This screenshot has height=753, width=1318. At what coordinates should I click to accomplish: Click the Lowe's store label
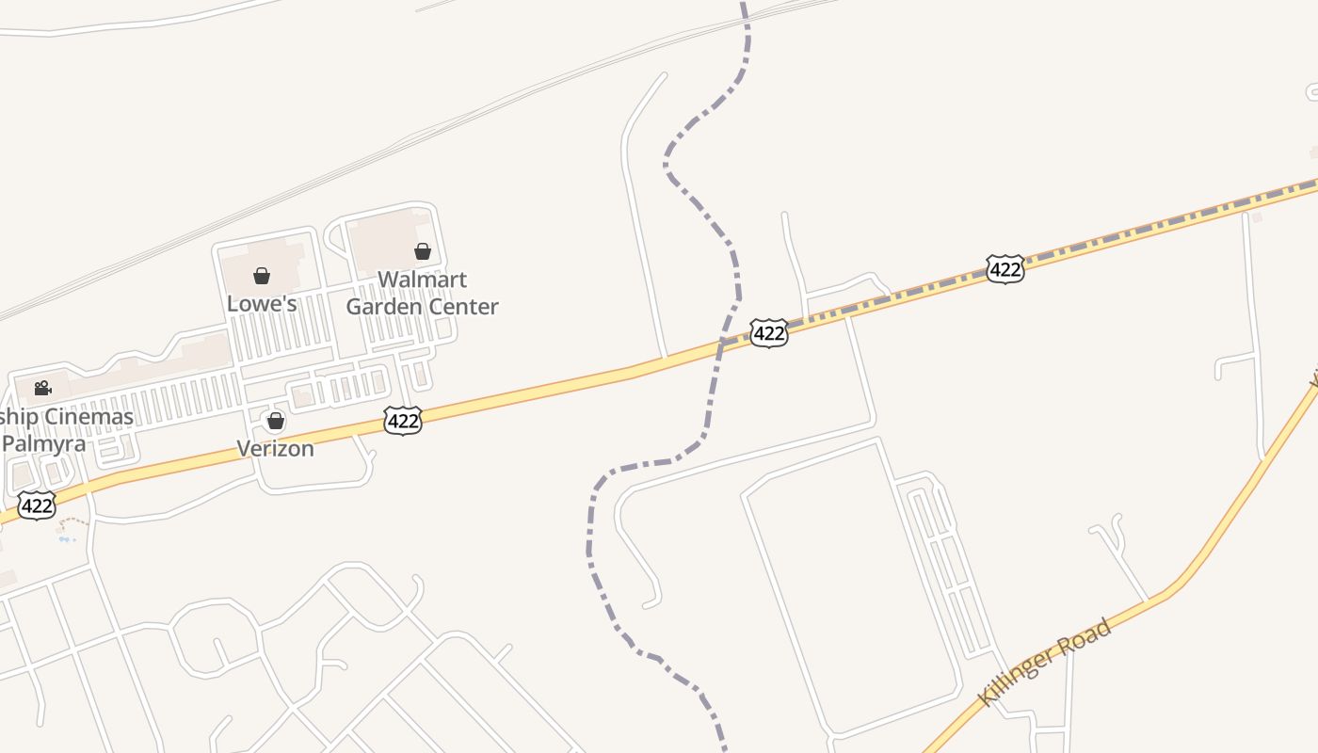point(262,303)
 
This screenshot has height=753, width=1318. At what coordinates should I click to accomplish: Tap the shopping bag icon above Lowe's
point(262,276)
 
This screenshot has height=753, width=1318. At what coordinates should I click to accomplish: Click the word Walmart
point(422,280)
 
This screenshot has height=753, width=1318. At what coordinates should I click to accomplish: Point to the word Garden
point(381,307)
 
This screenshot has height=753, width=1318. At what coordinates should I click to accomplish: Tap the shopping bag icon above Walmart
point(423,251)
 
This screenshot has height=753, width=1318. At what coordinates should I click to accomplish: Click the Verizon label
point(275,448)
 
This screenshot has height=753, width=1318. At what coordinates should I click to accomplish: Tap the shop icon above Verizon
point(275,421)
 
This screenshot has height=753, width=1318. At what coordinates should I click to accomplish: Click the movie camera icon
point(42,388)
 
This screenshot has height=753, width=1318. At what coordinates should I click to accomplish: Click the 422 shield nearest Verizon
point(403,421)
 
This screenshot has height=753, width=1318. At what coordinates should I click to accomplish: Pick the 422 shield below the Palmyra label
point(37,505)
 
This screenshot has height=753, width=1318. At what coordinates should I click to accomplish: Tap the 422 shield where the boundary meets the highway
point(769,333)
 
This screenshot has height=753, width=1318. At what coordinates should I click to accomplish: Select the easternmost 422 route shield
point(1005,270)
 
